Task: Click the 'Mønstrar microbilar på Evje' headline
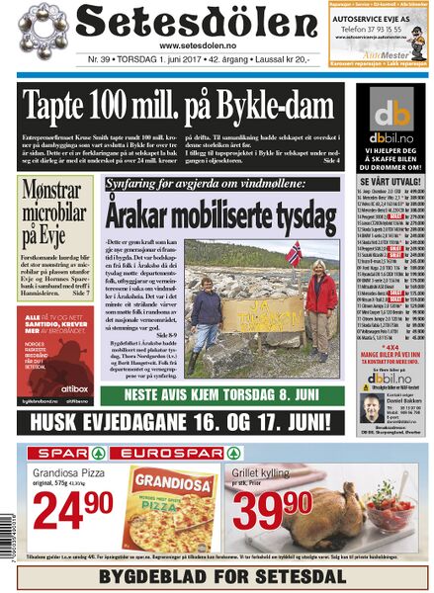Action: pos(55,212)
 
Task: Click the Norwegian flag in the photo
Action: pos(294,253)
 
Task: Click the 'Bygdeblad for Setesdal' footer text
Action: pos(217,573)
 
